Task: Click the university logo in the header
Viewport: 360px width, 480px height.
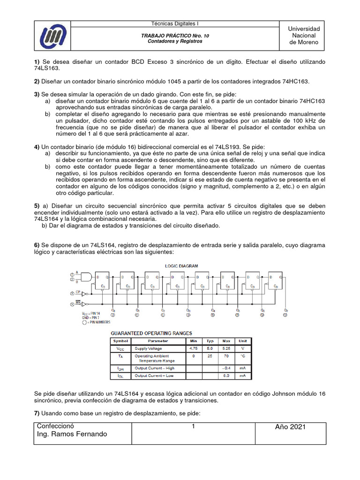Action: [x=54, y=36]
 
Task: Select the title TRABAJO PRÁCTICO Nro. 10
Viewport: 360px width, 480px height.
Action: [x=171, y=36]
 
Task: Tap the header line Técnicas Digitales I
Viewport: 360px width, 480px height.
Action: [x=171, y=23]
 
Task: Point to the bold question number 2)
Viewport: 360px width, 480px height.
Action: [x=37, y=82]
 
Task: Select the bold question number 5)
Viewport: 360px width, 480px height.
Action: [x=37, y=206]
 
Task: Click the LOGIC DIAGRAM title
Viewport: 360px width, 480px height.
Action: [x=182, y=266]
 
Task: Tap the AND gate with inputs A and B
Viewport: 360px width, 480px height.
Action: [x=87, y=277]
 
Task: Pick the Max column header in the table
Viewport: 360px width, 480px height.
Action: [x=226, y=341]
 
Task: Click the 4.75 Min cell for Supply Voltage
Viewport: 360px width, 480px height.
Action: [x=194, y=348]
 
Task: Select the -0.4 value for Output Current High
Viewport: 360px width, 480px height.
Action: [x=226, y=368]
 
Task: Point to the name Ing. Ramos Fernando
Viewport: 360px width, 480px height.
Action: [x=72, y=434]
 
